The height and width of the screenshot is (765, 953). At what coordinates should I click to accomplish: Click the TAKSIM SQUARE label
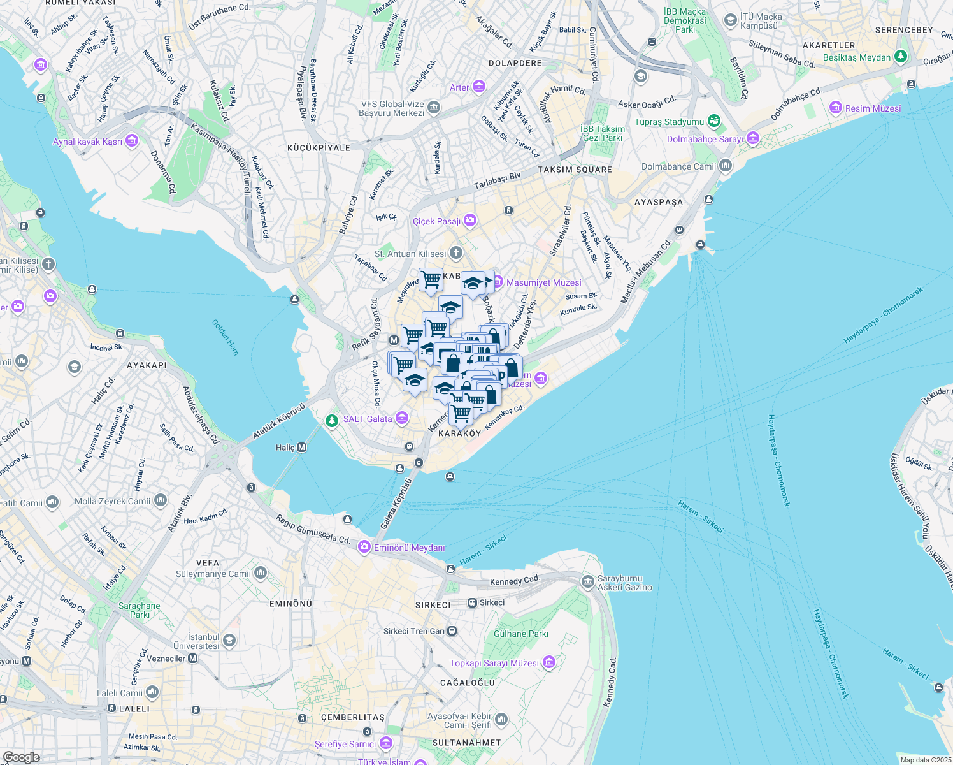pos(575,170)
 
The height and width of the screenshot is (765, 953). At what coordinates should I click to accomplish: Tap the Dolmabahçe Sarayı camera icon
pos(753,138)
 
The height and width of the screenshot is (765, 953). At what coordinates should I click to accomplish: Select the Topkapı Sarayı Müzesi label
pos(494,663)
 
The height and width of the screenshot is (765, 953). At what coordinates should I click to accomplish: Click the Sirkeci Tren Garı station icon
pos(452,631)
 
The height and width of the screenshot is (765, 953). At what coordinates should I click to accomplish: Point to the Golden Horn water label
pos(225,337)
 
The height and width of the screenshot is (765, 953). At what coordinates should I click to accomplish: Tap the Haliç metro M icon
pos(302,448)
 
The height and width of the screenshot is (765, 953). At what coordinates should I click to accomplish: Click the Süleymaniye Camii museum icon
pos(260,573)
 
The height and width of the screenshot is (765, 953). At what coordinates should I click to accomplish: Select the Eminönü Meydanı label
pos(409,548)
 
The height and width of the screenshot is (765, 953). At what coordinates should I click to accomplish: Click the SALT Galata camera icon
pos(402,418)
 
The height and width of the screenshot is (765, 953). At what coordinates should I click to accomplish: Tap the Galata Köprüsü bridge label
pos(397,504)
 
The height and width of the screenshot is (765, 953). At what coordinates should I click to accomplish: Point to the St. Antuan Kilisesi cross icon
pos(456,253)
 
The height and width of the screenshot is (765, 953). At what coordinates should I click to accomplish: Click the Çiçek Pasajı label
pos(436,221)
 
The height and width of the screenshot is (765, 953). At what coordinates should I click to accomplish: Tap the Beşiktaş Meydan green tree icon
pos(900,57)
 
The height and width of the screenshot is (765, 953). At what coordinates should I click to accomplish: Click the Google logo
pos(21,757)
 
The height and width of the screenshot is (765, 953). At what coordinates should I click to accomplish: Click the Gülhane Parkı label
pos(520,634)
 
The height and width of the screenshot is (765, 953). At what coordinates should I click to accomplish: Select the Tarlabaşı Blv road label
pos(497,180)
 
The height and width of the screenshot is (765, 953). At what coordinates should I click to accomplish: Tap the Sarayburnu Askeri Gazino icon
pos(587,582)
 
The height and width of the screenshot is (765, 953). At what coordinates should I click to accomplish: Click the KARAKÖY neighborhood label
pos(459,433)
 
